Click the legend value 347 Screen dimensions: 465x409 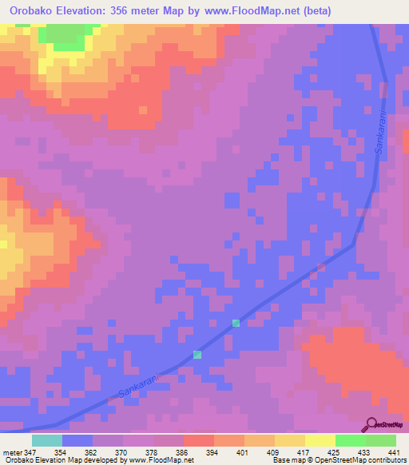[32, 452]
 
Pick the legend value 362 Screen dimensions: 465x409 [93, 452]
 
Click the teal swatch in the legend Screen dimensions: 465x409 [47, 440]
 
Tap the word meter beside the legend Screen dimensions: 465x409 [12, 452]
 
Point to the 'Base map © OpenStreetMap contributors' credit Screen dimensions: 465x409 [338, 460]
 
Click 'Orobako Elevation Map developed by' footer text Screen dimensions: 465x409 [64, 460]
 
